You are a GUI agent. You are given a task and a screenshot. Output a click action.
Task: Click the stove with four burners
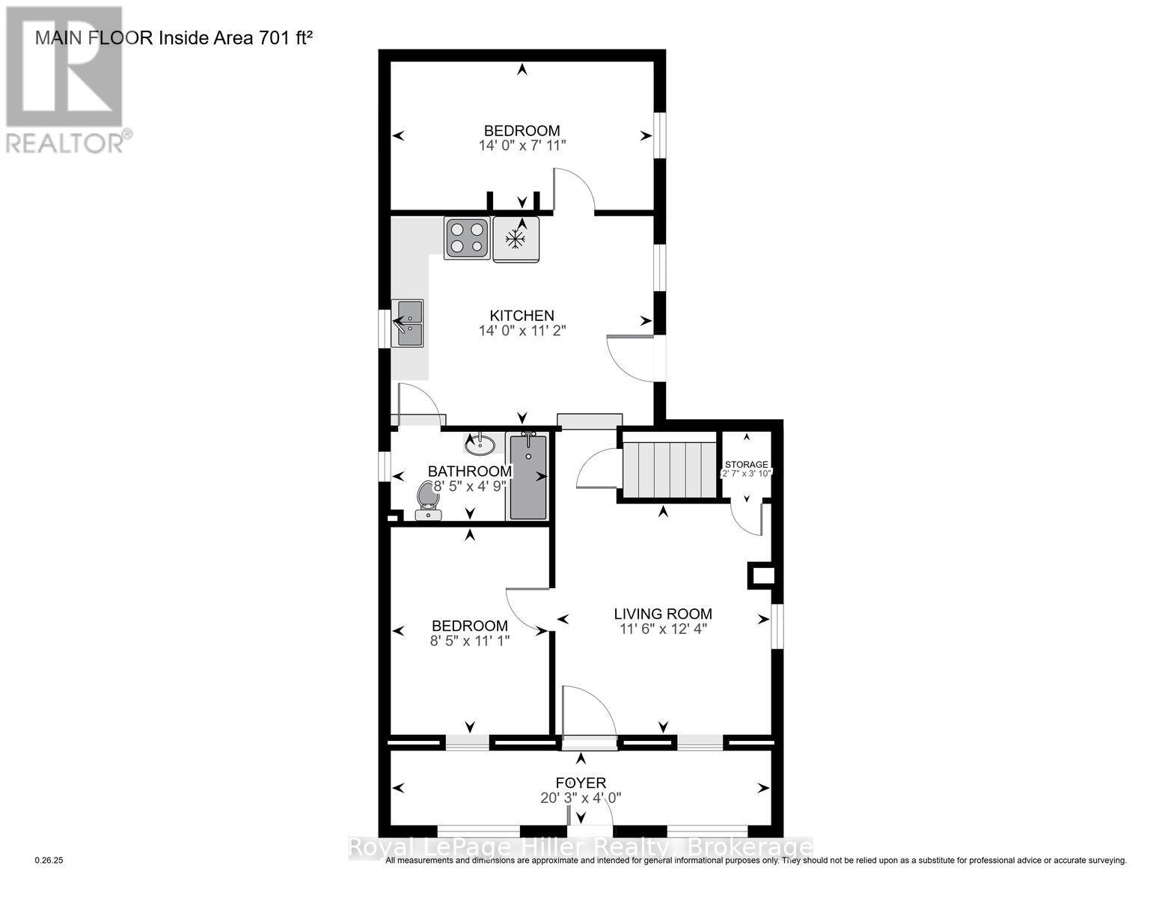click(x=467, y=238)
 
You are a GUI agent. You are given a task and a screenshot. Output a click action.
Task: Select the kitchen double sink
click(x=409, y=323)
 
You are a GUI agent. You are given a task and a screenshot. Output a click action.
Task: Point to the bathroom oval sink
click(x=480, y=445)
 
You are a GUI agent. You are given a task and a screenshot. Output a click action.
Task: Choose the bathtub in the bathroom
click(x=528, y=476)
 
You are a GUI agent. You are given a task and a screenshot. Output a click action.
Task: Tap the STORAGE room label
click(x=746, y=464)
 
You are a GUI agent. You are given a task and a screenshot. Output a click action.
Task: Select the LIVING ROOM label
click(x=663, y=614)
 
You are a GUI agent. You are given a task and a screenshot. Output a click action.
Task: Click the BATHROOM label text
click(x=469, y=471)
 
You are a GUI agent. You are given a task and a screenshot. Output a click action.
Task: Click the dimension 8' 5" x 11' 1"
click(x=470, y=641)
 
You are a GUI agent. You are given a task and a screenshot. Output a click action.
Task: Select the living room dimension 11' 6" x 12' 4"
click(x=663, y=629)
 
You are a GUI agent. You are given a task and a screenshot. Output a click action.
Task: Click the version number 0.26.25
click(x=50, y=861)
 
